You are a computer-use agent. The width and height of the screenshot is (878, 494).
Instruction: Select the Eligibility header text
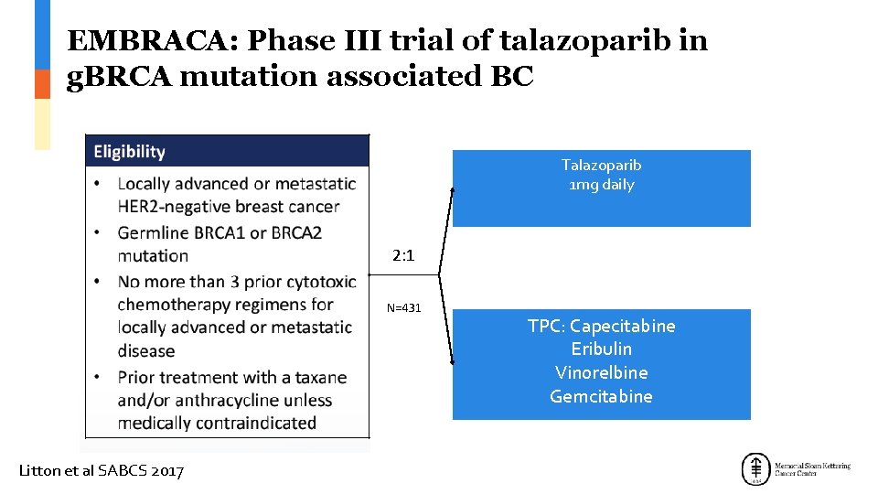129,152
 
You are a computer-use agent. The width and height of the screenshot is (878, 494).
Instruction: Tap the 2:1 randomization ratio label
403,256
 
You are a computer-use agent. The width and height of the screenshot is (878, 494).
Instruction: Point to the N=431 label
403,308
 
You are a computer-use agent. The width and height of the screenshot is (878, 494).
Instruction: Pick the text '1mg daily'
601,185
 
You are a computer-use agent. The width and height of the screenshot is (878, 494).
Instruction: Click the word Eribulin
601,349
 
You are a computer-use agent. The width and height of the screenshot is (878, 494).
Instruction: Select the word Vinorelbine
601,373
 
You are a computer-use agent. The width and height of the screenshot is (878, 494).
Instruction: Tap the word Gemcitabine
601,396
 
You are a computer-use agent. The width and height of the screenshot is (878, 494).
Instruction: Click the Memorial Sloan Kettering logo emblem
755,469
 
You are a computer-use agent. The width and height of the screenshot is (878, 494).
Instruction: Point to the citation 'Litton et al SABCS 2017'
102,471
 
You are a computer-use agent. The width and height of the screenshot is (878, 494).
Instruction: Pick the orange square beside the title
42,84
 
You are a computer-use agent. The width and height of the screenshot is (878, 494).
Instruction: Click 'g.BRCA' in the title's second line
120,77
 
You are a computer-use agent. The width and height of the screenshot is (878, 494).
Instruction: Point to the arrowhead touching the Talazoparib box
453,190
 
